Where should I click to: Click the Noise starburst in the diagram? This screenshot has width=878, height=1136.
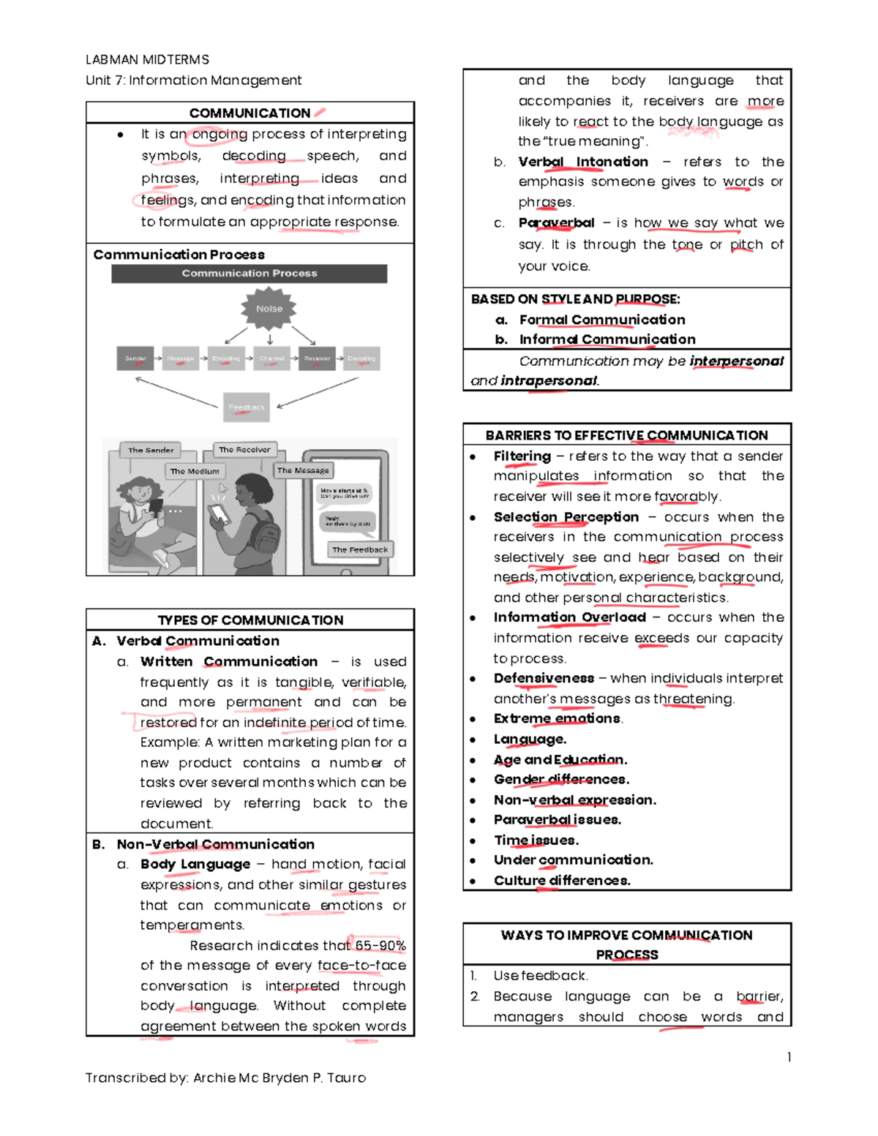269,309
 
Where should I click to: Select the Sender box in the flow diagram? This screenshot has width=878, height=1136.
135,358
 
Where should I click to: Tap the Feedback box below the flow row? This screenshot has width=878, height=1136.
247,407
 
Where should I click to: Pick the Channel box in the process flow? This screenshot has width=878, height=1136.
271,358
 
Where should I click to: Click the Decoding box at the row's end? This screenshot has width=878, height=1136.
361,358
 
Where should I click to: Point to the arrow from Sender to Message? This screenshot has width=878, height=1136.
158,358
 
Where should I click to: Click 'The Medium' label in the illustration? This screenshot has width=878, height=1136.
195,471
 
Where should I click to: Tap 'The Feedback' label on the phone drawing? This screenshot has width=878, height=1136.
360,549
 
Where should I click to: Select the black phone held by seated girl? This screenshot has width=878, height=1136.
156,505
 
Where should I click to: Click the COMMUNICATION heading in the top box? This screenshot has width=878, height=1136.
249,113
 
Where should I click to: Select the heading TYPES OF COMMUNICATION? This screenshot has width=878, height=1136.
250,620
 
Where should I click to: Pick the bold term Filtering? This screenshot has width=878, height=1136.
522,456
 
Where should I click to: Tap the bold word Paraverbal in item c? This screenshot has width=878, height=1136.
556,222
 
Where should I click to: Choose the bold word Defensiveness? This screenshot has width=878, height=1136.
544,678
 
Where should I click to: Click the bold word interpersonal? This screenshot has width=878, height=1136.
736,361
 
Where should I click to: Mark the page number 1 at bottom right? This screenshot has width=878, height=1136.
789,1056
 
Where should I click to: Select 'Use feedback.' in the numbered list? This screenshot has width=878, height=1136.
540,975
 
